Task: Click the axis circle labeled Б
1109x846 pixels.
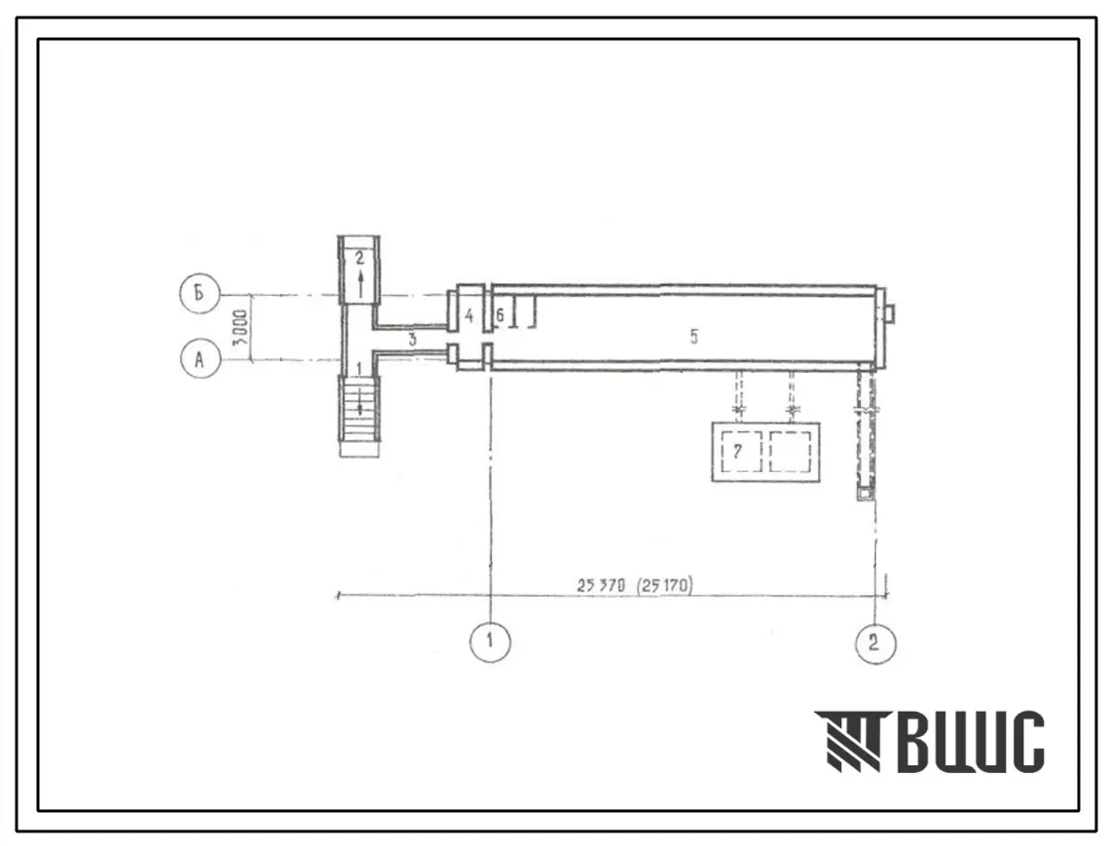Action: pos(201,293)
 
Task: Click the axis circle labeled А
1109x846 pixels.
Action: pos(201,359)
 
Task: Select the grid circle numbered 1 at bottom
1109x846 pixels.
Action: pos(490,642)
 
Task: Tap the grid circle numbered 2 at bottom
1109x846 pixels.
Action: pos(875,643)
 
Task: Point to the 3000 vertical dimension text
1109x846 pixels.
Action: pos(240,326)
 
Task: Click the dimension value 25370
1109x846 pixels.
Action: pos(601,586)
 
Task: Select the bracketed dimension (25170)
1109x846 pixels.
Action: pos(664,586)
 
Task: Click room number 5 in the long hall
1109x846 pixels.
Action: pos(693,337)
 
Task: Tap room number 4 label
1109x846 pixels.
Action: pos(468,315)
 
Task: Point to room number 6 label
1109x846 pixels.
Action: pos(499,315)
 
